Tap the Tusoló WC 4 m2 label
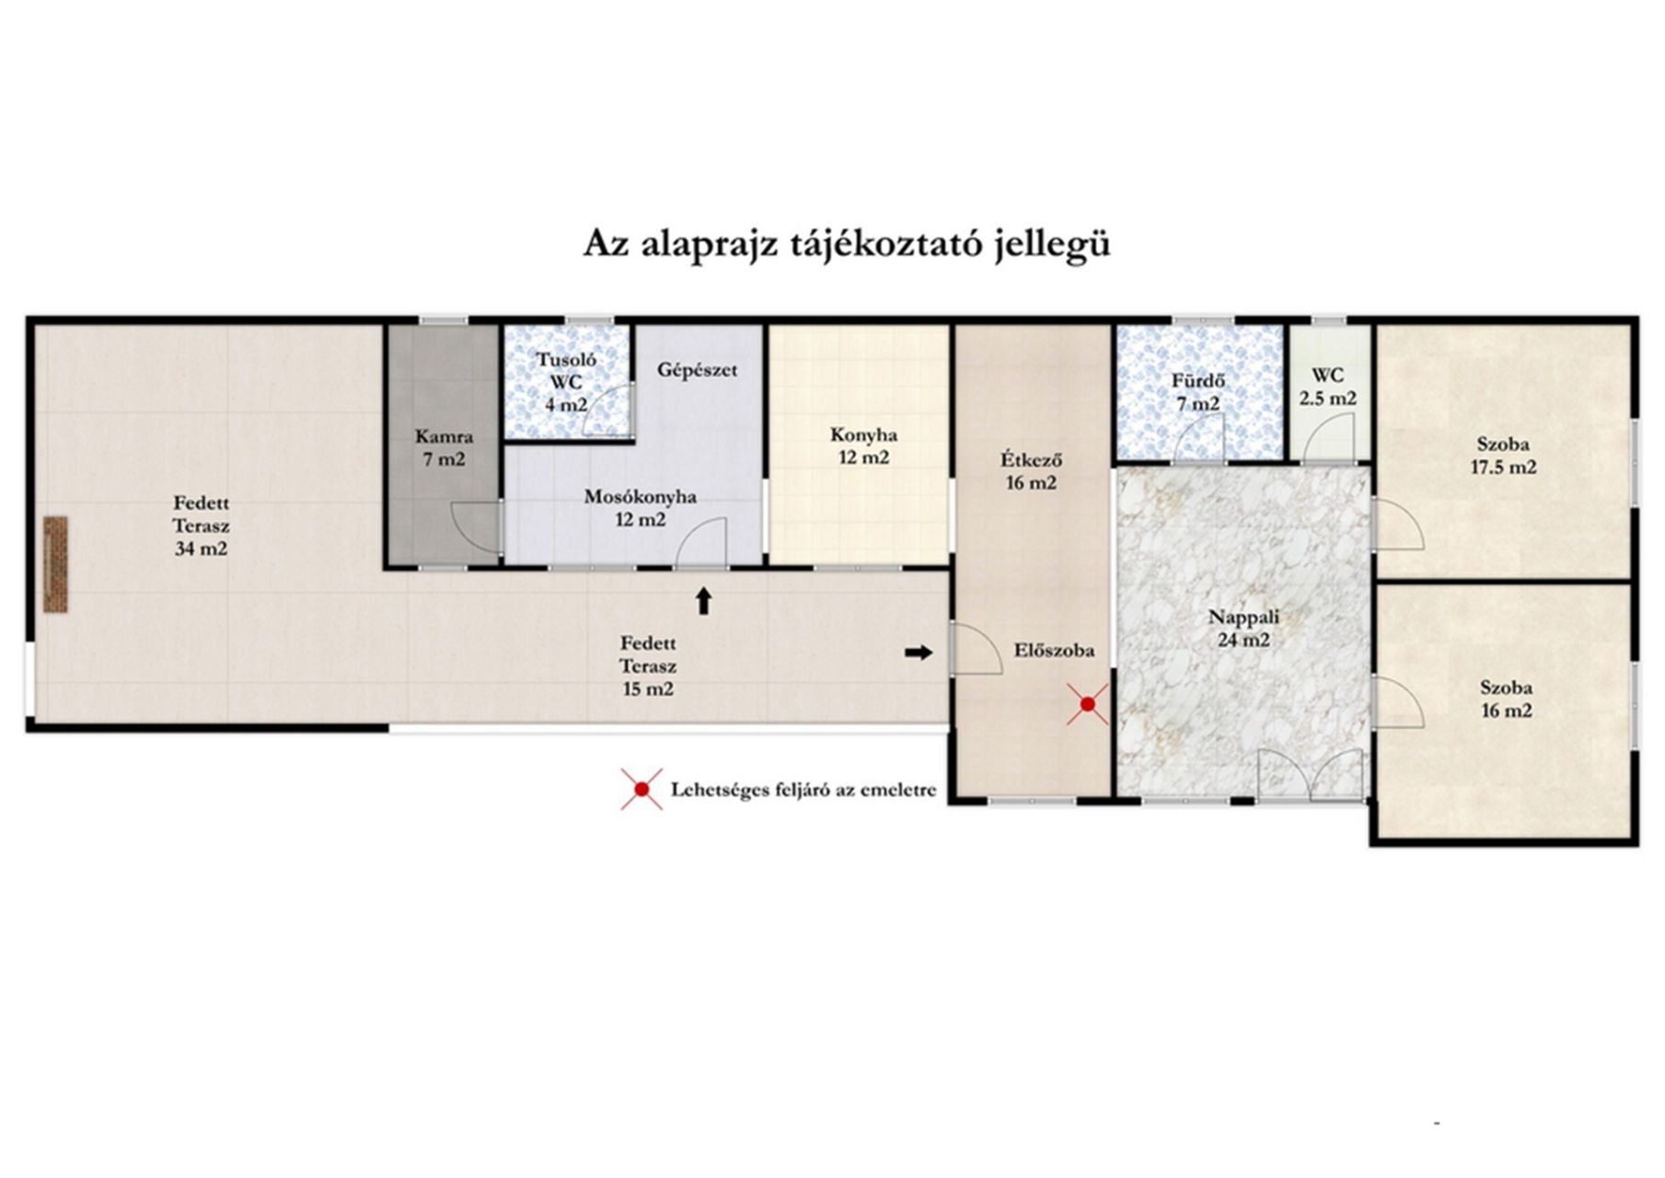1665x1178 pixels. pos(566,382)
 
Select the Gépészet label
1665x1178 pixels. pos(697,370)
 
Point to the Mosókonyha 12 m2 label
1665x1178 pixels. pos(641,508)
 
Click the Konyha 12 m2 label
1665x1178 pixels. pos(863,446)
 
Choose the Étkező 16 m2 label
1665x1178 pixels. pos(1032,470)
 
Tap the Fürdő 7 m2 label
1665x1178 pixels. pos(1197,391)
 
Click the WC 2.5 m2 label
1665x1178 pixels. pos(1327,387)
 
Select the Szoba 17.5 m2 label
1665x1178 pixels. pos(1503,456)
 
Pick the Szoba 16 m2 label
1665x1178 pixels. pos(1506,699)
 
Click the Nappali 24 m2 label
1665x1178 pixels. pos(1243,629)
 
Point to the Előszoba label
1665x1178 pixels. pos(1054,651)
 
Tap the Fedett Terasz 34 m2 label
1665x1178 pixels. pos(201,526)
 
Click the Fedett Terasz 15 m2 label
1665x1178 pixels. pos(647,666)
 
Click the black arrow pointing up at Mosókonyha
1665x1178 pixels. pos(704,601)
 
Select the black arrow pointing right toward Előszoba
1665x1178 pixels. pos(919,653)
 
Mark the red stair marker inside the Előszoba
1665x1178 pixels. pos(1088,704)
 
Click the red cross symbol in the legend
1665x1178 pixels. pos(642,790)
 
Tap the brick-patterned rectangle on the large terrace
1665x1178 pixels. pos(56,564)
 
